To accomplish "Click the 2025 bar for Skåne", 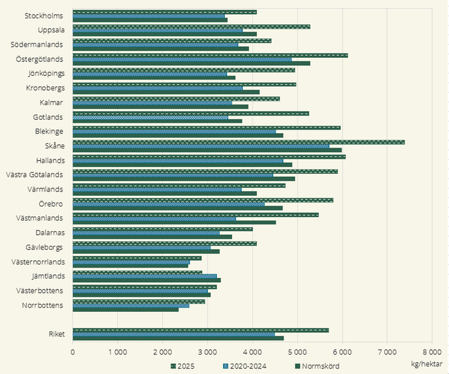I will coord(238,142).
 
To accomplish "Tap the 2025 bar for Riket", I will coord(201,330).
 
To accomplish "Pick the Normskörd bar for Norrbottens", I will coord(126,310).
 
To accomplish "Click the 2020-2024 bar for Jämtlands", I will coord(145,276).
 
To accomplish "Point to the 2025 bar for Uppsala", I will coord(191,27).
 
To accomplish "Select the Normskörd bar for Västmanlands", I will coord(174,223).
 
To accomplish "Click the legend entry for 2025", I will coord(185,366).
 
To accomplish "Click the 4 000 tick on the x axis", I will coord(252,352).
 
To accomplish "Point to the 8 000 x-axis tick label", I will coord(431,352).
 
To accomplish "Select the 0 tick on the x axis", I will coord(73,352).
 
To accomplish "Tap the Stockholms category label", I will coord(44,16).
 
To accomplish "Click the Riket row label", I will coord(57,334).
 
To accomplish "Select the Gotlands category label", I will coord(48,117).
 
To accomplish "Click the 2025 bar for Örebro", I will coord(203,199).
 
